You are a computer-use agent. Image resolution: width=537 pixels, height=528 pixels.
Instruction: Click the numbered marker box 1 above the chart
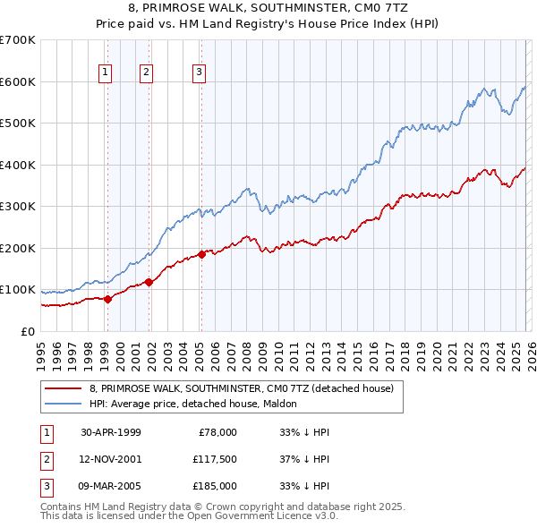click(x=106, y=72)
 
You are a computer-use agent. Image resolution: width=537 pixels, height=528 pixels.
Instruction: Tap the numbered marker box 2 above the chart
click(x=146, y=72)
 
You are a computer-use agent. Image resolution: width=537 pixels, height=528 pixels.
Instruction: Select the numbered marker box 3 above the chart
click(x=199, y=72)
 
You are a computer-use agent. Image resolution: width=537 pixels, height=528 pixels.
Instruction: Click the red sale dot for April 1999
click(x=107, y=299)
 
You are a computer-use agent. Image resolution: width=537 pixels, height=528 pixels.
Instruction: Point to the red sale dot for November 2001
click(x=149, y=282)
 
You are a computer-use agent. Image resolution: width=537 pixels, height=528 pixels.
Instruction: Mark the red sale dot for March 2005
click(x=201, y=254)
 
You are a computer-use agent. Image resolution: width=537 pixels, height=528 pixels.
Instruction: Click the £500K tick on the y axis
click(x=17, y=123)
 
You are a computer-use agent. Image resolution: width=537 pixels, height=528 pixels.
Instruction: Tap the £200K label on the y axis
click(x=17, y=248)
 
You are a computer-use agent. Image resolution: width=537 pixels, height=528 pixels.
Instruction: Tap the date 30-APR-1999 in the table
click(x=111, y=432)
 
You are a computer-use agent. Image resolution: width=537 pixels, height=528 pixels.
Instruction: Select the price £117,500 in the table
click(x=212, y=458)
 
